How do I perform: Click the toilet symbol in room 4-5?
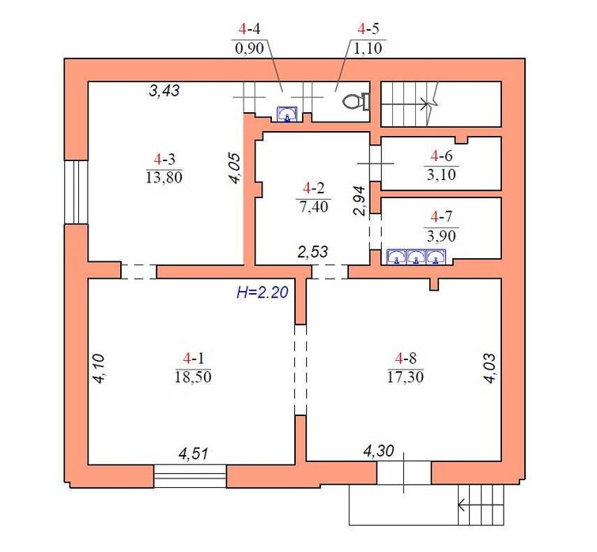pyautogui.click(x=357, y=102)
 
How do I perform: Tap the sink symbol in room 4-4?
pyautogui.click(x=287, y=114)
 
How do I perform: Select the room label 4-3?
pyautogui.click(x=164, y=160)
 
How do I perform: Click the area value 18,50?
pyautogui.click(x=193, y=377)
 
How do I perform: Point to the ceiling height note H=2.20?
pyautogui.click(x=263, y=292)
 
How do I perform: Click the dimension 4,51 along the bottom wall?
pyautogui.click(x=194, y=454)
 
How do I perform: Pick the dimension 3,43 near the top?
pyautogui.click(x=164, y=91)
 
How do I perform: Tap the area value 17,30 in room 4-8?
pyautogui.click(x=406, y=377)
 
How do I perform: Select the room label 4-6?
pyautogui.click(x=442, y=156)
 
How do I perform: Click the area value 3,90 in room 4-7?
pyautogui.click(x=442, y=236)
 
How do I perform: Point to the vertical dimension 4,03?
pyautogui.click(x=490, y=368)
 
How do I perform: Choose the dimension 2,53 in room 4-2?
pyautogui.click(x=312, y=252)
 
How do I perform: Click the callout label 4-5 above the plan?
pyautogui.click(x=368, y=28)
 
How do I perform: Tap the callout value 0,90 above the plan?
pyautogui.click(x=249, y=48)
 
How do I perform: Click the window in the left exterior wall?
pyautogui.click(x=77, y=192)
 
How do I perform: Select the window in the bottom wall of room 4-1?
pyautogui.click(x=191, y=475)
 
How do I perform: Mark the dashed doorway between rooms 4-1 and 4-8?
pyautogui.click(x=300, y=370)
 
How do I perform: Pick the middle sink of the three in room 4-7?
pyautogui.click(x=416, y=257)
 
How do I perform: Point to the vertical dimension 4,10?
pyautogui.click(x=99, y=368)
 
